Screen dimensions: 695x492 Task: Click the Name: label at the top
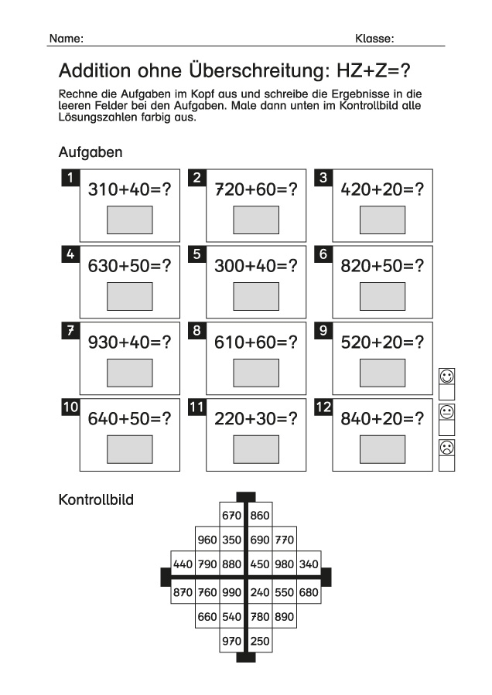click(67, 38)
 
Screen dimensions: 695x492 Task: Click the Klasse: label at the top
click(374, 38)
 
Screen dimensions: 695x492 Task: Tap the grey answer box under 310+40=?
click(129, 220)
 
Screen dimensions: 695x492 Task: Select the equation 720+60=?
click(256, 189)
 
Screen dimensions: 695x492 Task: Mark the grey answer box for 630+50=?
click(129, 295)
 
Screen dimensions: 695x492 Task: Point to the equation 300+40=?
click(256, 265)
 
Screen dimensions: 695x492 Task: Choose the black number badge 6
click(323, 254)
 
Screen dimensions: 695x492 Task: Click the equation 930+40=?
click(129, 342)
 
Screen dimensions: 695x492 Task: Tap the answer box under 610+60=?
click(256, 372)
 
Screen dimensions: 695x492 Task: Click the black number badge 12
click(323, 407)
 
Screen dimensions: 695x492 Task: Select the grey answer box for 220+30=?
click(256, 448)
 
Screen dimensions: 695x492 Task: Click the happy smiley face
click(446, 376)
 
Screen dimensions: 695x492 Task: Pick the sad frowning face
click(446, 447)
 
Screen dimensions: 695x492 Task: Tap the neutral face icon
click(446, 411)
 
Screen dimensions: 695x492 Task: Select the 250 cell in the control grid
click(261, 640)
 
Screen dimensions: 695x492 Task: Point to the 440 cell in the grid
click(183, 564)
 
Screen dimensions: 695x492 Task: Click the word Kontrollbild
click(96, 500)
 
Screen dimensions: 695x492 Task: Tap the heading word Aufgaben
click(91, 152)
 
